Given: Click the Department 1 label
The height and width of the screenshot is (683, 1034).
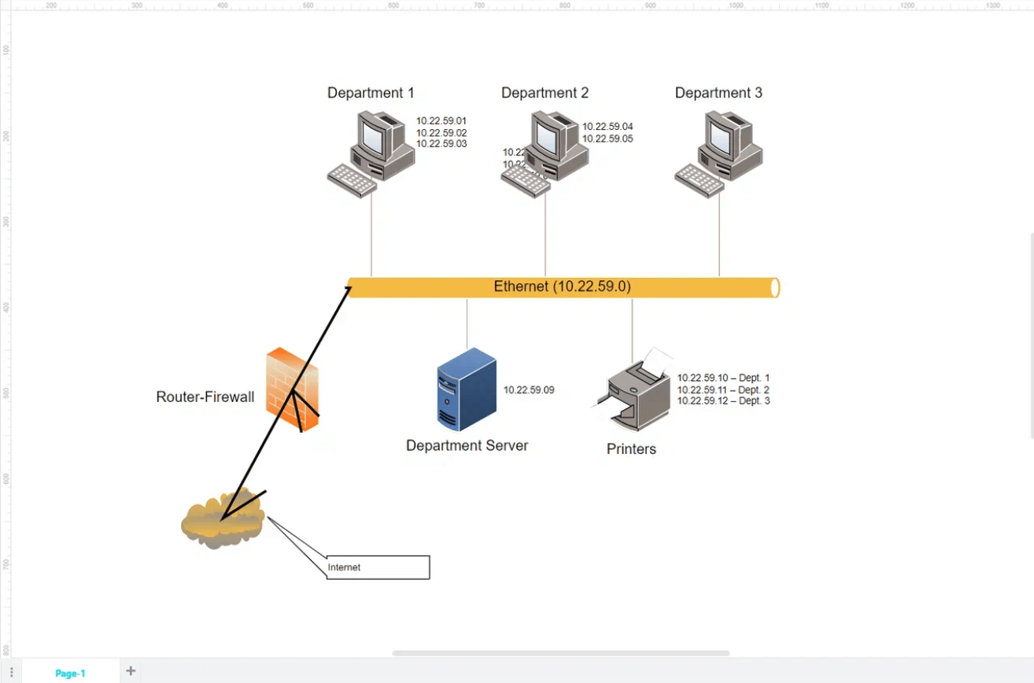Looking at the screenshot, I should (371, 93).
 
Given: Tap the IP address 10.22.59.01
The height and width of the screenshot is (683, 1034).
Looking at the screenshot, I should (441, 121).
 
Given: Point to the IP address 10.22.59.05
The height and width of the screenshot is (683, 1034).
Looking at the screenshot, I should (607, 138).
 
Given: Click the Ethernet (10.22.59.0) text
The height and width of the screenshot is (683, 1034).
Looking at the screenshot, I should (562, 287).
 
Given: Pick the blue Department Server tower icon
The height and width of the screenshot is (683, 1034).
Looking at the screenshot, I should (467, 389).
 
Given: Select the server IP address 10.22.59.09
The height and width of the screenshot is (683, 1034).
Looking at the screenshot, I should (529, 389).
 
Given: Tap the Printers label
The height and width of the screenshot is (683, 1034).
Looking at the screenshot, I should (631, 449).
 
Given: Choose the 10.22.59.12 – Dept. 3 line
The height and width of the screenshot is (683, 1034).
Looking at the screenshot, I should (723, 401).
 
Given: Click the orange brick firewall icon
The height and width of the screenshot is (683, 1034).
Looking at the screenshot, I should (292, 389).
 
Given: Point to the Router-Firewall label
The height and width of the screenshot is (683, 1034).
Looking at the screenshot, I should (205, 397).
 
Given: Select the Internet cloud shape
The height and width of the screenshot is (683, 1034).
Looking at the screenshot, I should (223, 521).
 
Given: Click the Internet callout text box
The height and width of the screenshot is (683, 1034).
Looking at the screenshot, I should (378, 567).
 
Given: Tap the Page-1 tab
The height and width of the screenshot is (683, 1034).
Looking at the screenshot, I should (70, 673).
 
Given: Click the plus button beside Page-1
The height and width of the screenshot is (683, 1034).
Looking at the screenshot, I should (131, 671).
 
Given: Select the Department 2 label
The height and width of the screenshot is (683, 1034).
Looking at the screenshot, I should (545, 93).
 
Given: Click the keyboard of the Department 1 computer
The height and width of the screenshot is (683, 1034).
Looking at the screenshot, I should (352, 180).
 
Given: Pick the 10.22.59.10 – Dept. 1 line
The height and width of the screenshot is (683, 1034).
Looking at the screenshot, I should (723, 378).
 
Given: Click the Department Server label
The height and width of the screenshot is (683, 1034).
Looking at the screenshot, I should (467, 446).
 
